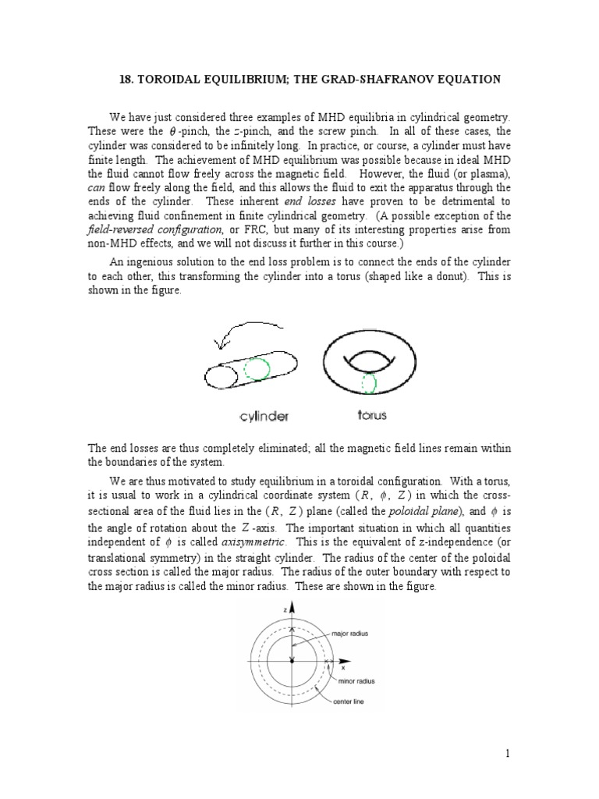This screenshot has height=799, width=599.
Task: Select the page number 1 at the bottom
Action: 507,753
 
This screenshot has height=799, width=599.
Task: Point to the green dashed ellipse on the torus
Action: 367,383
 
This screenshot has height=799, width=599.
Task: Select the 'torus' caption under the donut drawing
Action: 370,416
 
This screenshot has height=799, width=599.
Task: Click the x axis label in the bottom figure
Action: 343,667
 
